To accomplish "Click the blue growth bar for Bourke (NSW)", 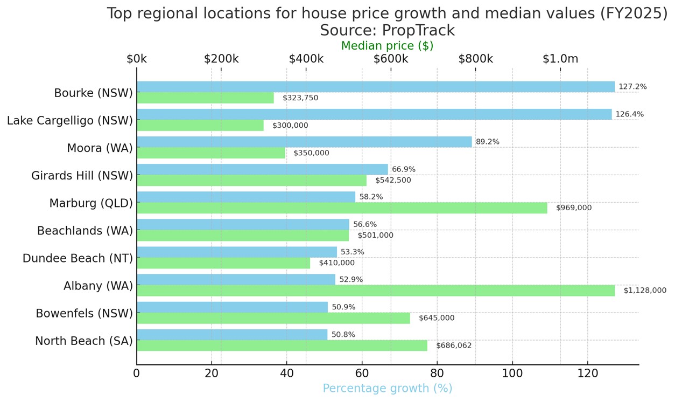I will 375,87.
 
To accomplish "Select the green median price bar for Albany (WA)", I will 375,291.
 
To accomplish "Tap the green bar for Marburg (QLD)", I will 342,208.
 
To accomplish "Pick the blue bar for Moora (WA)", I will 304,142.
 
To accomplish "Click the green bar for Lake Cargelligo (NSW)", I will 200,126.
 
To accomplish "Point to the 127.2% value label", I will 632,87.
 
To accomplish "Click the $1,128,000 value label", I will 645,291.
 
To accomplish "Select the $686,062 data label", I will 454,345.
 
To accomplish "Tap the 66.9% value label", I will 404,169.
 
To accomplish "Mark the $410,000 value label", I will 337,263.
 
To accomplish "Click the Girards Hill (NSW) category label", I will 82,176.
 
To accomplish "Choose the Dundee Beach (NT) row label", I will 78,258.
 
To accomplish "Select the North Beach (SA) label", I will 83,341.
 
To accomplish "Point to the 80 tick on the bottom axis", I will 437,373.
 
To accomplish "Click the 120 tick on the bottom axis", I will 587,373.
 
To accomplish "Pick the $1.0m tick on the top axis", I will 560,59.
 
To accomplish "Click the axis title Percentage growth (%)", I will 388,389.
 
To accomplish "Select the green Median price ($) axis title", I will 388,46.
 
